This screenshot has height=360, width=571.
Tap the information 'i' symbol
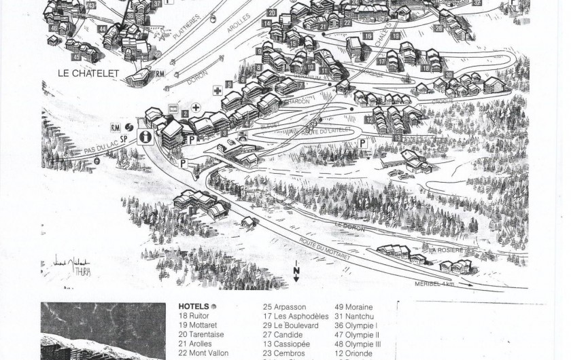pos(144,137)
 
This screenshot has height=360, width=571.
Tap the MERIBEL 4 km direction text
pos(435,283)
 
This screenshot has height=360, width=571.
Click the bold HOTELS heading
pos(193,306)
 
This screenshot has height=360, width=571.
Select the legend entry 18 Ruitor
pos(195,316)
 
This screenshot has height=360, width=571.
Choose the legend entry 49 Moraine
pos(353,307)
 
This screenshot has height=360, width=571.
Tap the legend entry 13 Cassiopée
pos(288,344)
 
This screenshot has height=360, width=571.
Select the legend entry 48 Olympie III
pos(358,344)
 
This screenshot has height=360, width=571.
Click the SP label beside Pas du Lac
pos(124,138)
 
